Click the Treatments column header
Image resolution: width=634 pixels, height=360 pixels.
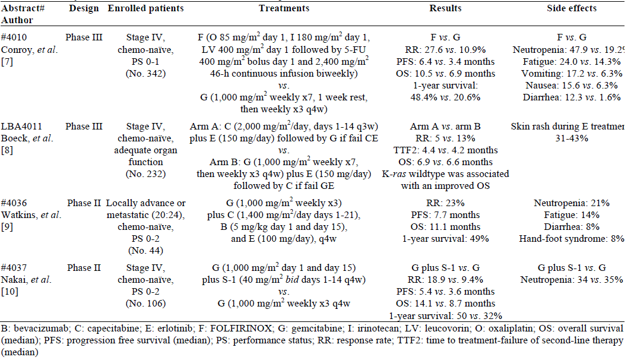point(284,8)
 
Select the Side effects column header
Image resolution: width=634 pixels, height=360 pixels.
point(572,8)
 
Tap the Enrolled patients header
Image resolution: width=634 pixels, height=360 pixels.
point(145,8)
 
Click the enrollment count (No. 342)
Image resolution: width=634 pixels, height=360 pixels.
point(145,74)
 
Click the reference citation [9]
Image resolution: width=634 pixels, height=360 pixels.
point(8,228)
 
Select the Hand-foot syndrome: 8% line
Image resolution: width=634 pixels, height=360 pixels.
point(569,239)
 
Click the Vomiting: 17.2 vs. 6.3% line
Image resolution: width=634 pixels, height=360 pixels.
point(572,74)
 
